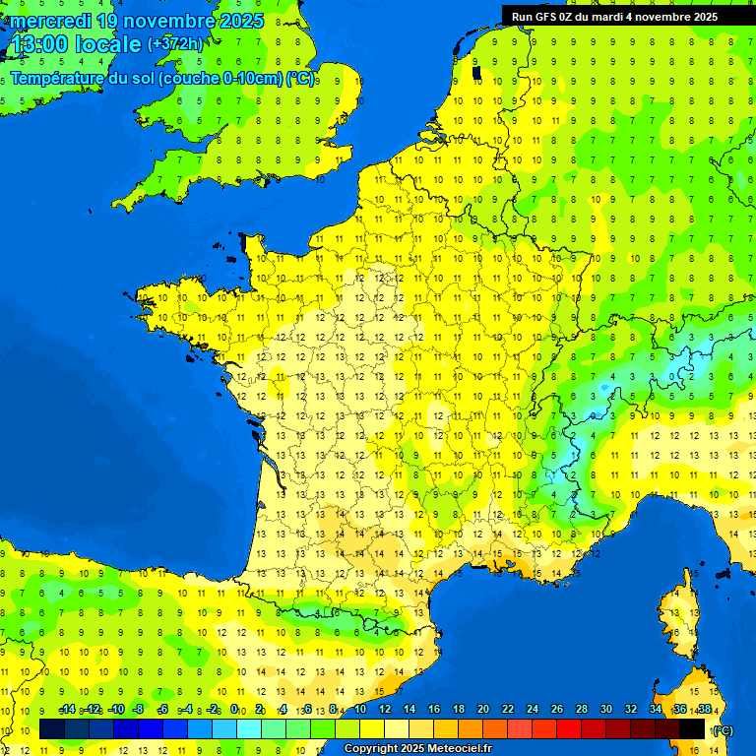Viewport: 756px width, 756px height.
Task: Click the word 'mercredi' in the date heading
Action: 51,22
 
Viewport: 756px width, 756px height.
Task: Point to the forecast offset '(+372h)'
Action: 174,44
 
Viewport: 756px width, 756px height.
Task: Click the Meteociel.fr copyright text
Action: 417,749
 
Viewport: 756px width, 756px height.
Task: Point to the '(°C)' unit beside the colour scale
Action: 723,729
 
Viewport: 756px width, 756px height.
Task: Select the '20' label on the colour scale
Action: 483,710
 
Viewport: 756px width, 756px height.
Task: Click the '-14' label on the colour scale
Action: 67,710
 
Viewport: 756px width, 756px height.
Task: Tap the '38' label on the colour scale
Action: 705,710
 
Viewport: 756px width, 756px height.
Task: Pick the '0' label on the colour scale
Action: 234,710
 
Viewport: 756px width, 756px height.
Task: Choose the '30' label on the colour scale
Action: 606,710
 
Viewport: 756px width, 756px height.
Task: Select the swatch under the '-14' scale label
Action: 52,728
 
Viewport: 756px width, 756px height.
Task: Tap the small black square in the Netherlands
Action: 477,72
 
